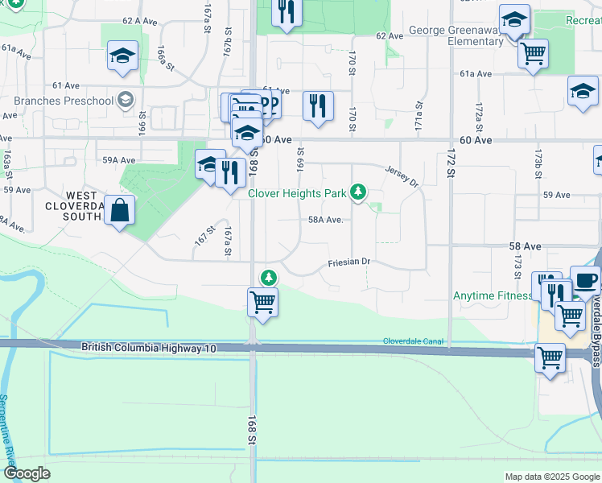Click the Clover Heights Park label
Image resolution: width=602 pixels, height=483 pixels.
tap(297, 193)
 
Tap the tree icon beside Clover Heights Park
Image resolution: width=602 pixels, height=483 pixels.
tap(358, 192)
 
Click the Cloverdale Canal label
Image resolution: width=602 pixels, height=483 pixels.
tap(414, 341)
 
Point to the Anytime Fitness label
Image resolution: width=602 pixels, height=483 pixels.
tap(492, 295)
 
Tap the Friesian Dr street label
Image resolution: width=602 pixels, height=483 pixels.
tap(348, 262)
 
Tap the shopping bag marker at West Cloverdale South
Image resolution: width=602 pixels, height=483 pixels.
tap(119, 211)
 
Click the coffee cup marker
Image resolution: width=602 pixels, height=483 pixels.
tap(585, 280)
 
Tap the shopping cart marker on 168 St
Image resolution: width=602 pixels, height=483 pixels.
tap(262, 303)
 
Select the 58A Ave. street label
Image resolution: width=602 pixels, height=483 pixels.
tap(326, 220)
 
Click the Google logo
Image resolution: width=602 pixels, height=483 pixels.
tap(27, 473)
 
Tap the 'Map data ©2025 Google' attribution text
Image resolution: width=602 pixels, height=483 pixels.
tap(551, 477)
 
